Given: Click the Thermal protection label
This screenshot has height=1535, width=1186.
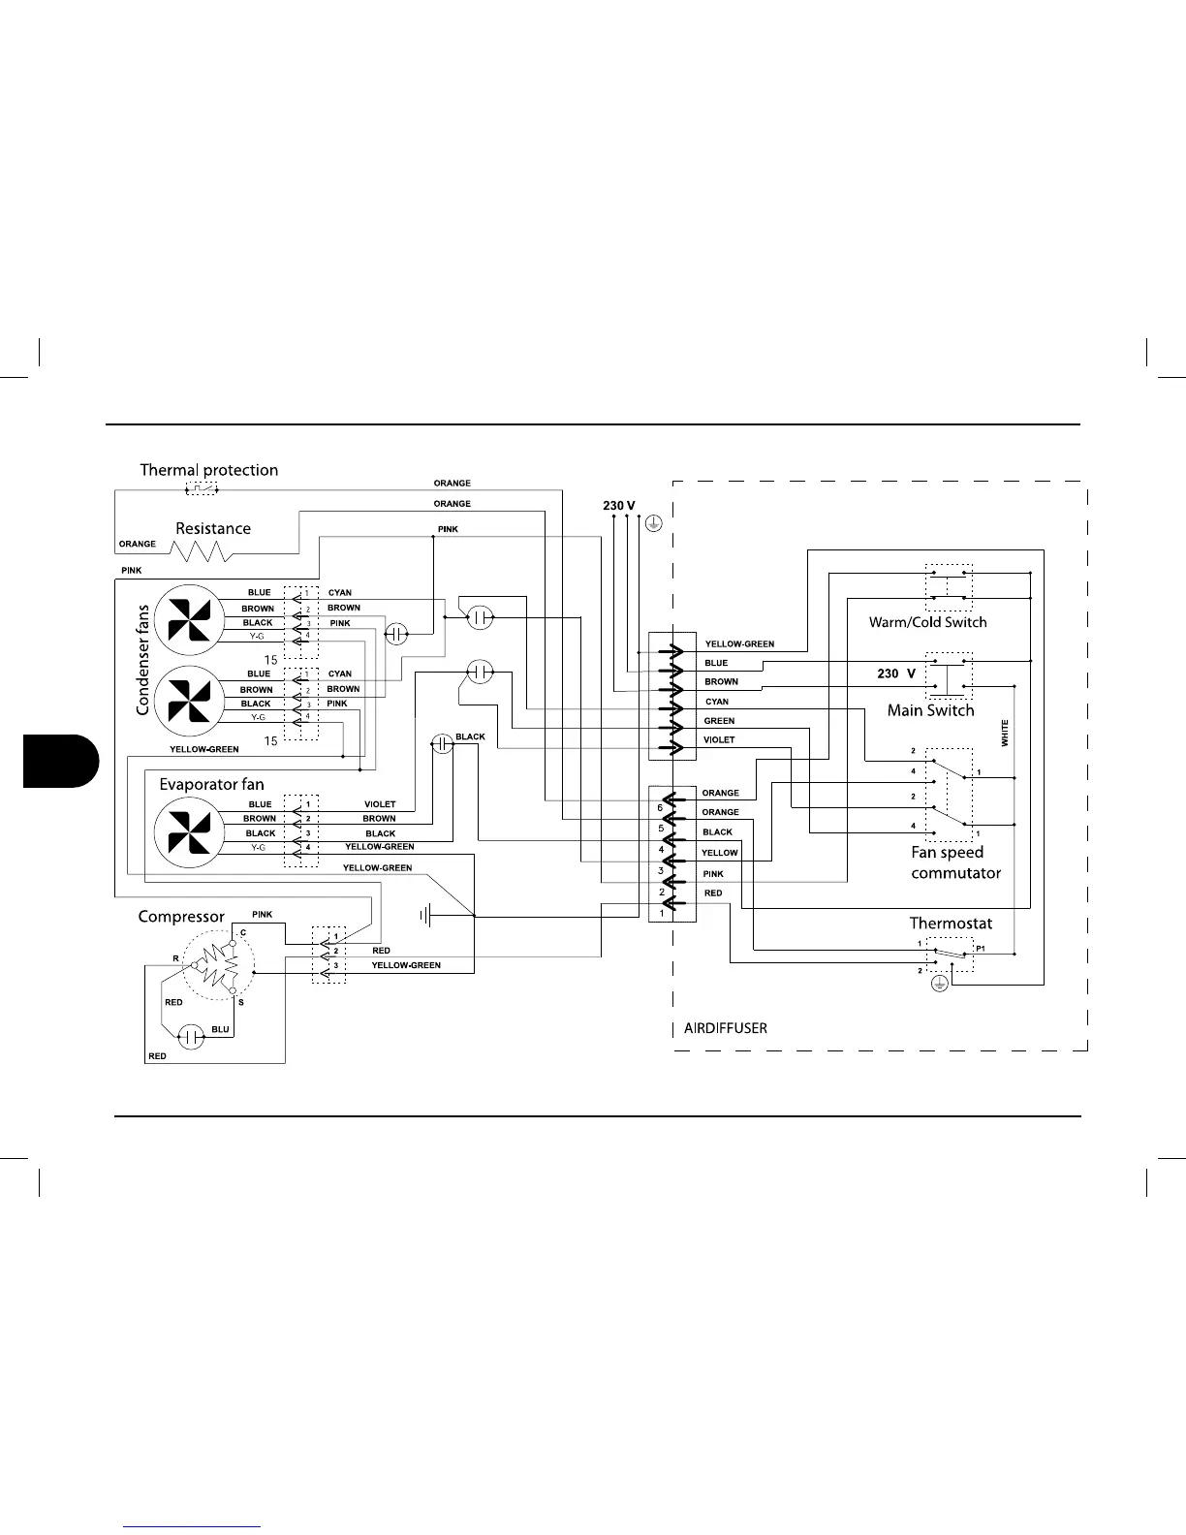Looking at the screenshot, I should (x=208, y=470).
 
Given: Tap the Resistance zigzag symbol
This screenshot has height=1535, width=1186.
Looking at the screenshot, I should (x=202, y=551).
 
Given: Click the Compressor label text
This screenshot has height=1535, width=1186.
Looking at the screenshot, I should (x=181, y=917).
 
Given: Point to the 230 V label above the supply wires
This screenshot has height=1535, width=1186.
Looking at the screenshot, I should (x=619, y=506).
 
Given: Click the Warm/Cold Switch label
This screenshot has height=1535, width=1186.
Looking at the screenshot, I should (x=927, y=622).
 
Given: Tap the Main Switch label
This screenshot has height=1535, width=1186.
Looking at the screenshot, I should (x=930, y=710).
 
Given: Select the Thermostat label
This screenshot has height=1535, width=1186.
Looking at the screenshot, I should (x=951, y=924).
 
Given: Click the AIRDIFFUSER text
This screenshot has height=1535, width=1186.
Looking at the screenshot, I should (x=726, y=1028).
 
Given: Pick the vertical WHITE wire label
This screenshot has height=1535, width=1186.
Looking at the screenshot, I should (x=1005, y=733).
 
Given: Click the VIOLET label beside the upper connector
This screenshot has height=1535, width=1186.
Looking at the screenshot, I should (x=719, y=740).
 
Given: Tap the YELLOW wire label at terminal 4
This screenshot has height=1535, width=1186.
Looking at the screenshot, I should (x=720, y=853).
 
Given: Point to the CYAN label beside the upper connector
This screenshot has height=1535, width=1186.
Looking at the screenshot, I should (x=717, y=702).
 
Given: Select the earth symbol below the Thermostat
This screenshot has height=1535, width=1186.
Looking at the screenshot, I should (x=938, y=984).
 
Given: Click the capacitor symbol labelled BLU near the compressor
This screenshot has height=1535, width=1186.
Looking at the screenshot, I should (x=193, y=1037).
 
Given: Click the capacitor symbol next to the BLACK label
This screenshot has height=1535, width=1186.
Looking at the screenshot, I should (x=442, y=744).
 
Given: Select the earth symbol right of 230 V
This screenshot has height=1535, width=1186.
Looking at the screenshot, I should (x=654, y=524).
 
